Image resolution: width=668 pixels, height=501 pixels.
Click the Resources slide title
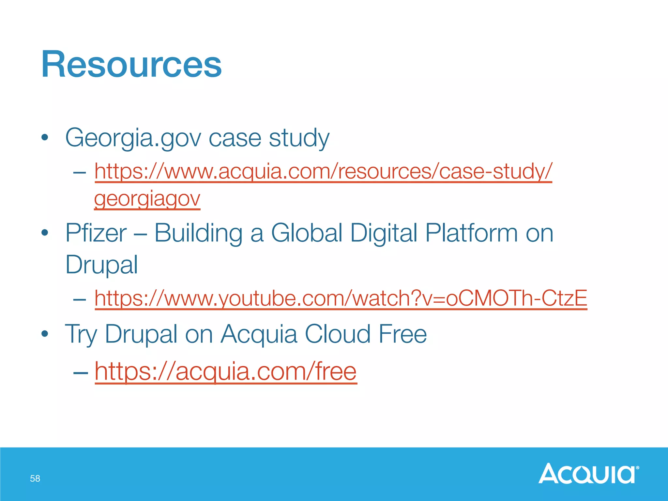point(131,64)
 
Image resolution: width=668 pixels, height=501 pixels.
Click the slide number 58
point(35,478)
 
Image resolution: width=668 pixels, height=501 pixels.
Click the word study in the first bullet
point(299,138)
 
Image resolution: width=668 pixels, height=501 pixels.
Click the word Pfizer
point(96,233)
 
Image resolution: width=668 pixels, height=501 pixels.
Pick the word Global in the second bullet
point(307,233)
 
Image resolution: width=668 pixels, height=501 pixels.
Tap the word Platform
point(471,233)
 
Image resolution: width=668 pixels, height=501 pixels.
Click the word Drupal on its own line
point(101,265)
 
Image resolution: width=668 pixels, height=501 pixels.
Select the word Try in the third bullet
point(81,334)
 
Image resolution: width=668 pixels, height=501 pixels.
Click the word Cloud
point(338,334)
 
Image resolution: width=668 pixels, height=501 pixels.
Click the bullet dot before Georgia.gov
point(45,138)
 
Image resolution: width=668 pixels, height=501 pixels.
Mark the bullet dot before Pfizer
point(45,233)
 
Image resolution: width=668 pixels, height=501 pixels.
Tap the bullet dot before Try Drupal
point(45,334)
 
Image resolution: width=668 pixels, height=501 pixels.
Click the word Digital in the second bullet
point(384,233)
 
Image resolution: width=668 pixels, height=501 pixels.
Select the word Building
point(198,233)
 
